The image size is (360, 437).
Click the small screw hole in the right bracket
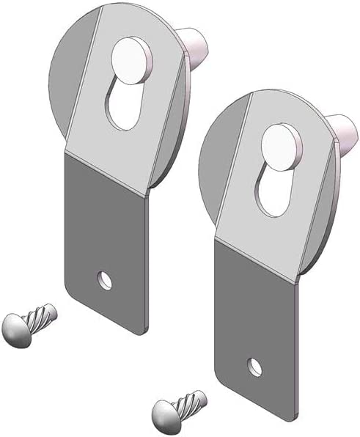pos(254,364)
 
